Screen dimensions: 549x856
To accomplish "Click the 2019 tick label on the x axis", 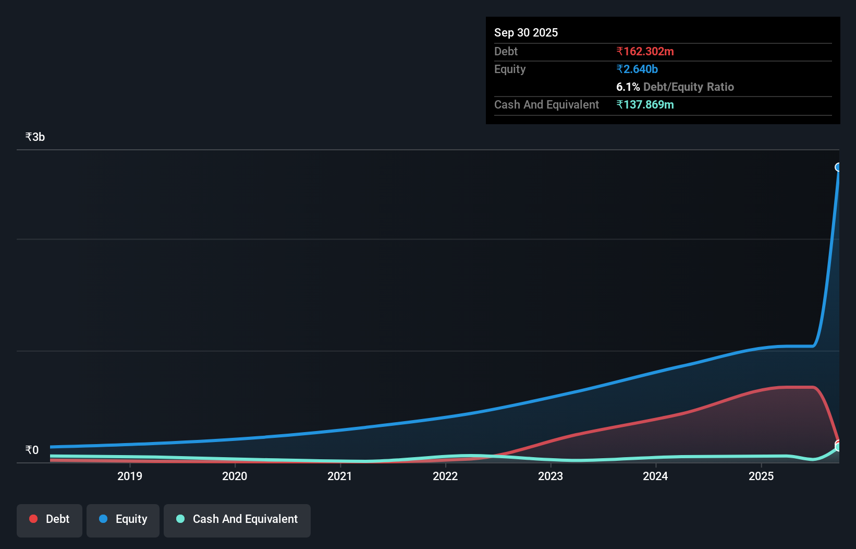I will (129, 476).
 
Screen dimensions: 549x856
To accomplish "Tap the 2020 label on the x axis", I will (235, 476).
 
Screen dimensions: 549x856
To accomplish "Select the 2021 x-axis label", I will (339, 476).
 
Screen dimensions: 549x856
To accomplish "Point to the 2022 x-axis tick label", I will (445, 476).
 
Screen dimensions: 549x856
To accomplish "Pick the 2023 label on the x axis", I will (551, 476).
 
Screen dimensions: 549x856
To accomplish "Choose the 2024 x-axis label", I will (655, 476).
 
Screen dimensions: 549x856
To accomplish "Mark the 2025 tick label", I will (761, 476).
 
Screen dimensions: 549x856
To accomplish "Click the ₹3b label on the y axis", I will (35, 137).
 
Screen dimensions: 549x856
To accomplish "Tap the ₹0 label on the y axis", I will (32, 450).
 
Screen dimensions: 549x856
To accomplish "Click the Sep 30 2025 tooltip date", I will (526, 32).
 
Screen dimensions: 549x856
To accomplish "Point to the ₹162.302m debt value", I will (645, 51).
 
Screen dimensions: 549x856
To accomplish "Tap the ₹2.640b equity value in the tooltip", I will (637, 69).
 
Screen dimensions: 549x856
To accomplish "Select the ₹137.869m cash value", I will (645, 104).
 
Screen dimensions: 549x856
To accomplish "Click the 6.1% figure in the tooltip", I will (628, 87).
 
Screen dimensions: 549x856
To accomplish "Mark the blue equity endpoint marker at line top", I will (838, 167).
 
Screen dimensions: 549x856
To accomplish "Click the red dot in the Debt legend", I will (33, 519).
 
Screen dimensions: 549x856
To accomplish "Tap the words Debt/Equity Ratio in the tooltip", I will (688, 87).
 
